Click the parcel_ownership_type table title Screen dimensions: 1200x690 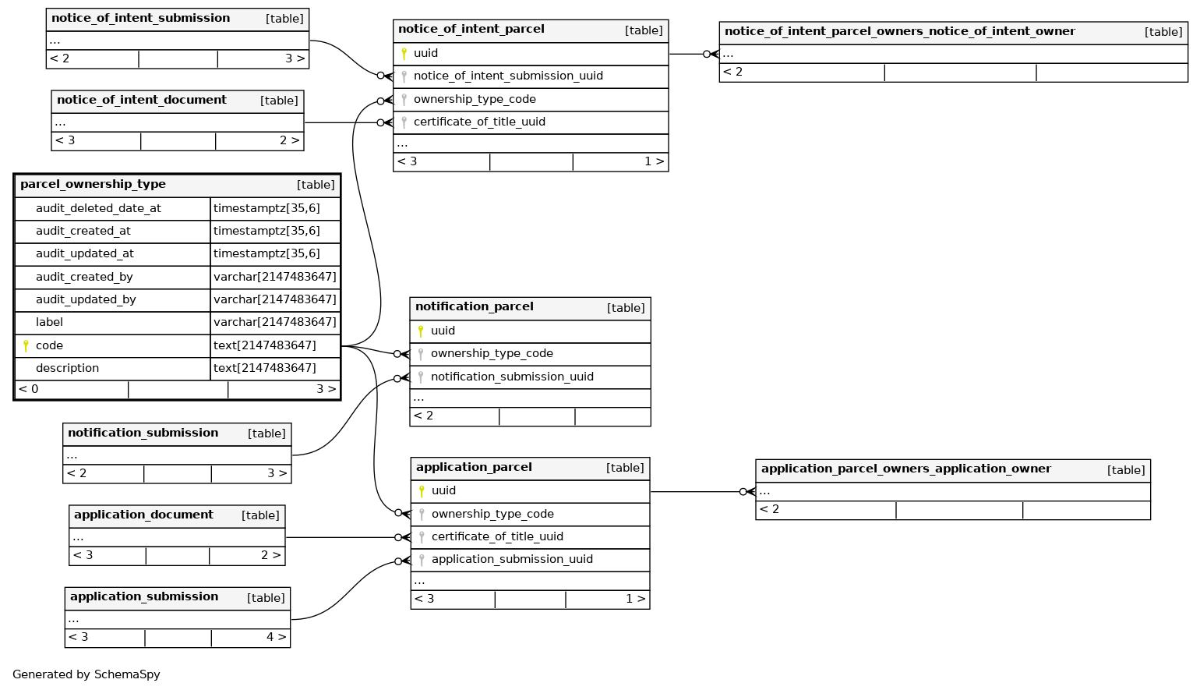click(93, 185)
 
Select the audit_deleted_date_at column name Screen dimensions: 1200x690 click(98, 208)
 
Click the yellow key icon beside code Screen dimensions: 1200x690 click(26, 345)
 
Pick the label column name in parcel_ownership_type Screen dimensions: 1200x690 click(49, 322)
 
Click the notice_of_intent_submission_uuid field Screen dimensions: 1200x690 click(508, 76)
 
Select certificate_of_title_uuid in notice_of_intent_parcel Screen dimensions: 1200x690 click(479, 122)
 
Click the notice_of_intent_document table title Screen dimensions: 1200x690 click(141, 101)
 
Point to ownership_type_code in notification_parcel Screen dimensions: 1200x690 click(492, 354)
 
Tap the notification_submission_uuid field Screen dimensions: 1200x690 click(512, 377)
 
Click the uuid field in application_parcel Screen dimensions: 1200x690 click(443, 491)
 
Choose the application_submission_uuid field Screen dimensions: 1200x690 click(512, 560)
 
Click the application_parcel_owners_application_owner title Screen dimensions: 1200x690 click(905, 469)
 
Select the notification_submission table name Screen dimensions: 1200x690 click(143, 433)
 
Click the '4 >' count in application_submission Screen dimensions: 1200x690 click(276, 638)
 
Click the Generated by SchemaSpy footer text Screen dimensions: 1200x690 click(86, 674)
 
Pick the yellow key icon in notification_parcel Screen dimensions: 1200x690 click(421, 331)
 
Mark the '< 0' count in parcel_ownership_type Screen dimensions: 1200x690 click(29, 389)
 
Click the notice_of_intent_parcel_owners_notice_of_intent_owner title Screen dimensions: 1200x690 click(899, 32)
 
